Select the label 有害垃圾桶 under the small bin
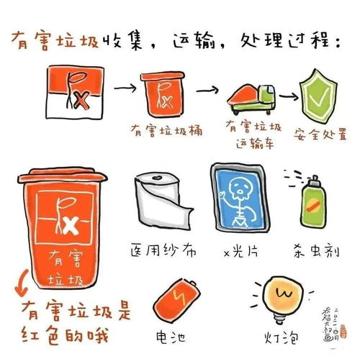(x=164, y=130)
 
